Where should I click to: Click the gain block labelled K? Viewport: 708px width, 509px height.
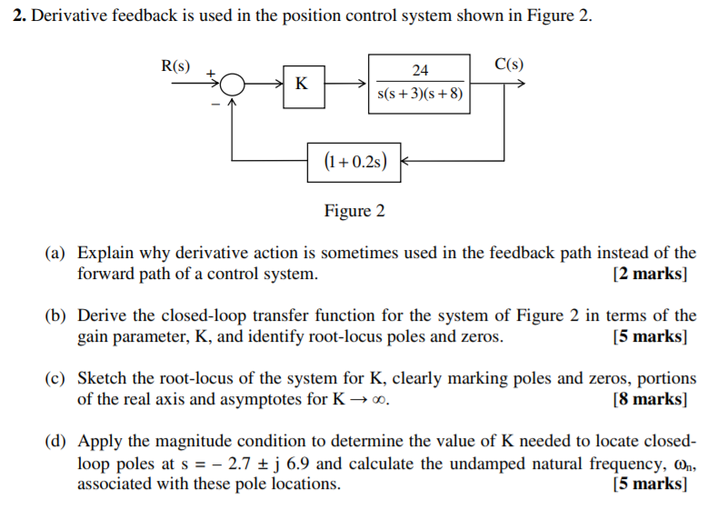302,84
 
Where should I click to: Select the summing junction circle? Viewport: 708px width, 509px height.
233,85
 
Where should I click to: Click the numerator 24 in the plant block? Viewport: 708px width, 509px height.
420,71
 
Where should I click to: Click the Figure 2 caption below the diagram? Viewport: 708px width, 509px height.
354,211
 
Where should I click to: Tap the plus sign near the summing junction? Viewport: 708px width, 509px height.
210,72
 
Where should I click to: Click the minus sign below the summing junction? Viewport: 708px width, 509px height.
214,105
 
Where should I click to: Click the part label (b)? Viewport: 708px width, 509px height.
56,316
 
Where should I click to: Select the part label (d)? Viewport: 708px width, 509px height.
56,443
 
